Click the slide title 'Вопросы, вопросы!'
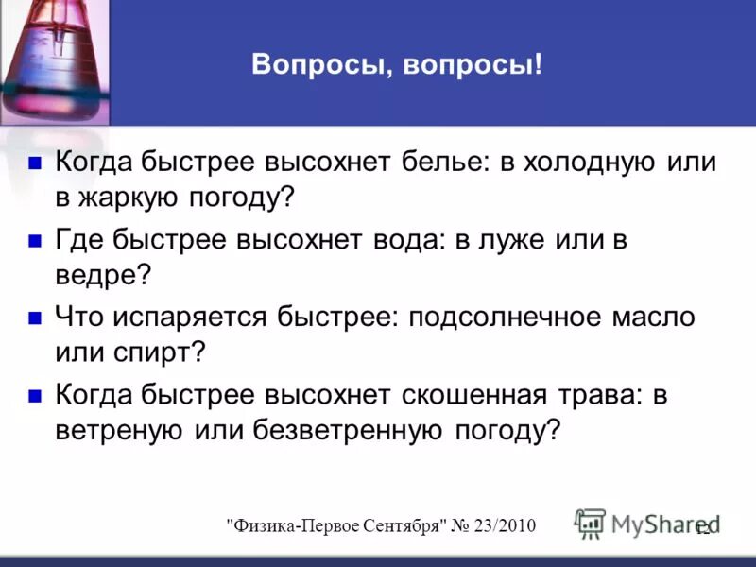397,66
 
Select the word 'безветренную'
348,431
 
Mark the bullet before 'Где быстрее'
35,240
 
